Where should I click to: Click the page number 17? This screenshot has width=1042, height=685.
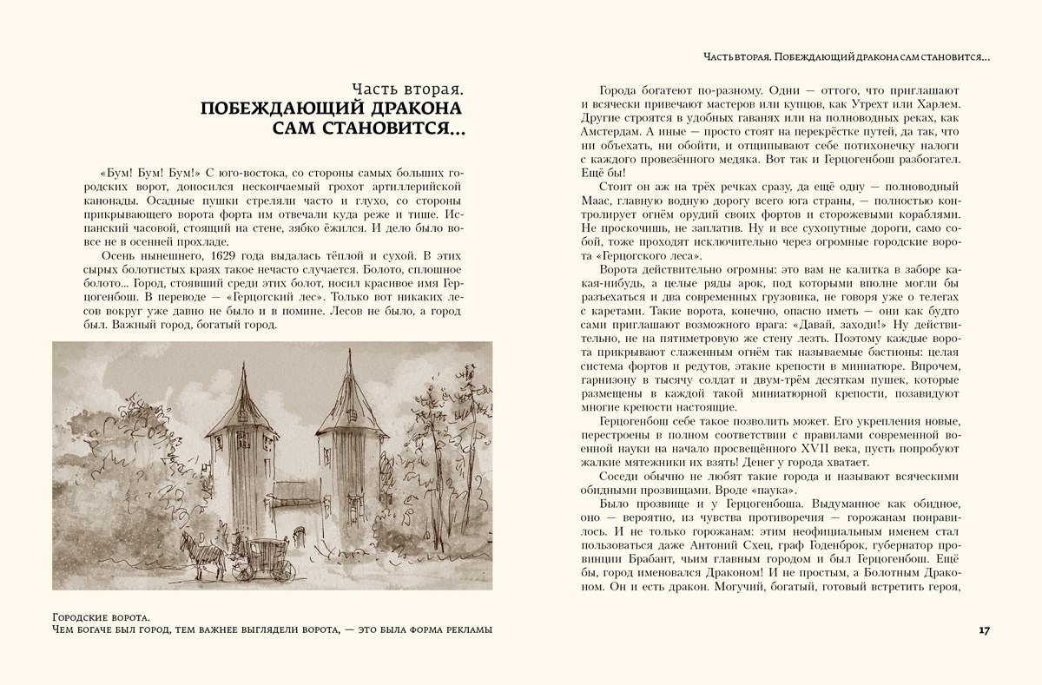pyautogui.click(x=984, y=629)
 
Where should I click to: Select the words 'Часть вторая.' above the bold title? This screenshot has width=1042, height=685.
pyautogui.click(x=406, y=88)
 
